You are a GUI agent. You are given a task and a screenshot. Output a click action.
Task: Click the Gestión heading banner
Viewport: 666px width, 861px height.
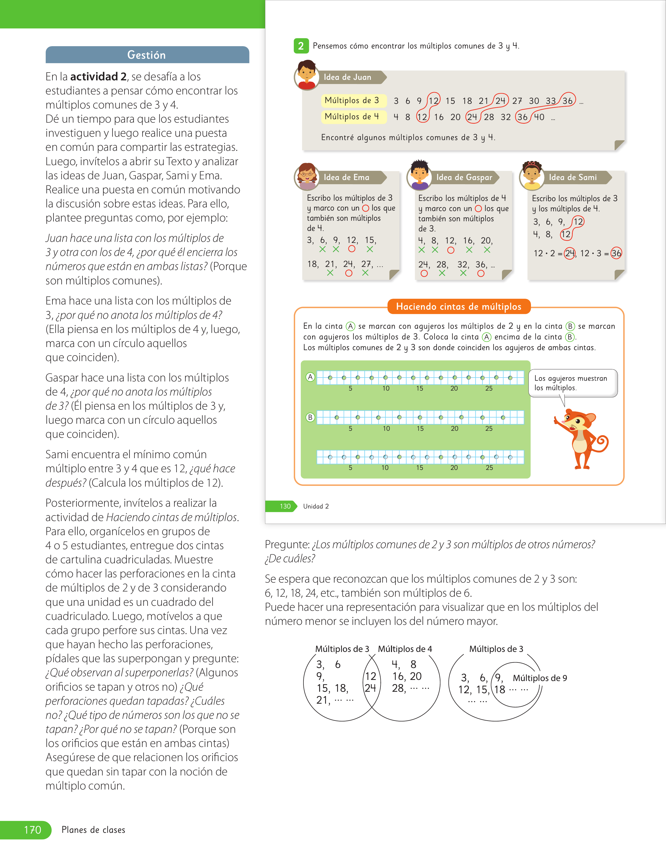147,55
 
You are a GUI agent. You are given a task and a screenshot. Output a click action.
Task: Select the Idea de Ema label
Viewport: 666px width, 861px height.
346,177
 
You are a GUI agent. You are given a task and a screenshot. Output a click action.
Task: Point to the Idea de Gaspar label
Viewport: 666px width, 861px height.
464,177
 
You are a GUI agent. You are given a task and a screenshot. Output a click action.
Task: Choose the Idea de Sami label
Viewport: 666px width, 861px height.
572,177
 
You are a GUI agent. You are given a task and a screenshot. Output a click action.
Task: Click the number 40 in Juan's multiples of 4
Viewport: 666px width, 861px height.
539,117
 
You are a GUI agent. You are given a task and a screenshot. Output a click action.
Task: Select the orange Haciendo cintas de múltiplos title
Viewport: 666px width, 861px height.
459,306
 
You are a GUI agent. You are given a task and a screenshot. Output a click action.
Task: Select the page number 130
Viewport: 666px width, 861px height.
285,506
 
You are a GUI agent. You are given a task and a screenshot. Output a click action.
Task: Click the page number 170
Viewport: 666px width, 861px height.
32,830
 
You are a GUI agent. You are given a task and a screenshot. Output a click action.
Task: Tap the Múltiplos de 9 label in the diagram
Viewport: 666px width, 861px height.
540,678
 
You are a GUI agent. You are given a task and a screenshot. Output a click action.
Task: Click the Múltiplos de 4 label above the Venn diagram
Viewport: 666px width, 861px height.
405,649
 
